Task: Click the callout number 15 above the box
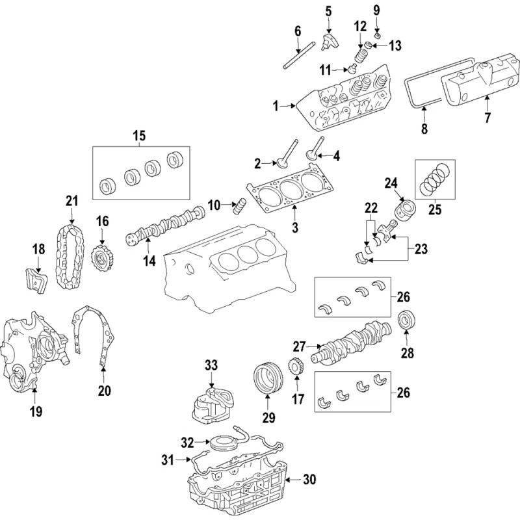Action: pyautogui.click(x=139, y=136)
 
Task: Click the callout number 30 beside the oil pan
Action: pyautogui.click(x=309, y=479)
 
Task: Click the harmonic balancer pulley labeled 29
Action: pyautogui.click(x=268, y=380)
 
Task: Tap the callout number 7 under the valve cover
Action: pyautogui.click(x=487, y=118)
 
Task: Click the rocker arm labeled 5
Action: pyautogui.click(x=331, y=41)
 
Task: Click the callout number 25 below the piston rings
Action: pyautogui.click(x=435, y=209)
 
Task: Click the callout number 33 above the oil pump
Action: pyautogui.click(x=211, y=365)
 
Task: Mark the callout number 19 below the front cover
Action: pyautogui.click(x=36, y=411)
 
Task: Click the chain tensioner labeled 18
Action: pyautogui.click(x=36, y=281)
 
